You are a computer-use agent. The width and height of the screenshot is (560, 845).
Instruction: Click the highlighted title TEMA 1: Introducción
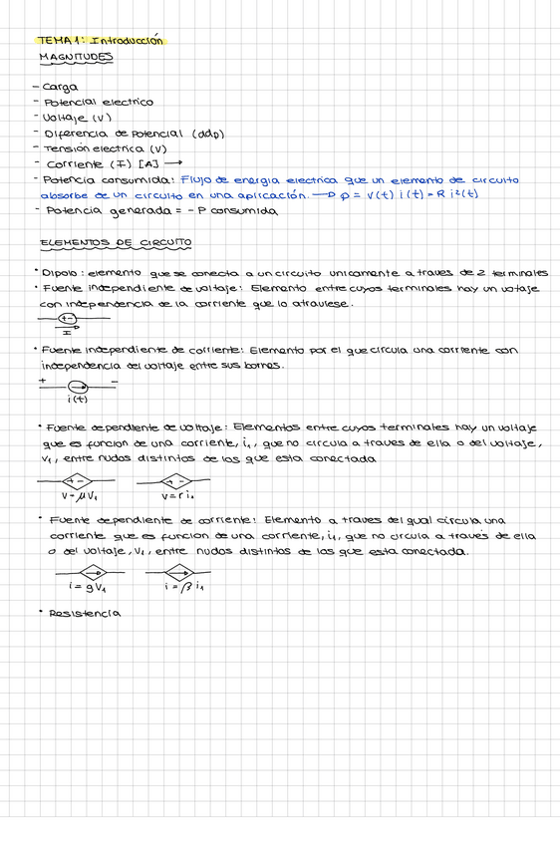tap(101, 41)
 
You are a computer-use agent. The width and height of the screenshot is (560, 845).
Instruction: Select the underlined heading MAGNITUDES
tap(76, 57)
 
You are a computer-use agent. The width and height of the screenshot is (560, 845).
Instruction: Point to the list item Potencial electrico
tap(98, 103)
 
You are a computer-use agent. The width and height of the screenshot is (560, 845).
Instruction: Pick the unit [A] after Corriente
tap(148, 163)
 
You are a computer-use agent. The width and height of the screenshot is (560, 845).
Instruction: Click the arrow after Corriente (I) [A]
tap(174, 163)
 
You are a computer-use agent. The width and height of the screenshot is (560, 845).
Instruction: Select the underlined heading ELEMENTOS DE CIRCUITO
tap(115, 242)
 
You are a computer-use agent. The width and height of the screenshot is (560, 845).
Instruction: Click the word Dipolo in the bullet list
tap(61, 272)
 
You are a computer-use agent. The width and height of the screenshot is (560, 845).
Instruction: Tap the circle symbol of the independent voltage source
tap(68, 319)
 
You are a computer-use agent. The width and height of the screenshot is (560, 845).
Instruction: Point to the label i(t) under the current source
tap(78, 400)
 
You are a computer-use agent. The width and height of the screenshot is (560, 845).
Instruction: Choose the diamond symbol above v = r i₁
tap(177, 480)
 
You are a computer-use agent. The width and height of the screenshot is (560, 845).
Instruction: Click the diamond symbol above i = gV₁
tap(96, 572)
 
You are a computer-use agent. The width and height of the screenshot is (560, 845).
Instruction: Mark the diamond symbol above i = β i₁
tap(183, 572)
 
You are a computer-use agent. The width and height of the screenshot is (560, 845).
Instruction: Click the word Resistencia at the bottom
tap(85, 613)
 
